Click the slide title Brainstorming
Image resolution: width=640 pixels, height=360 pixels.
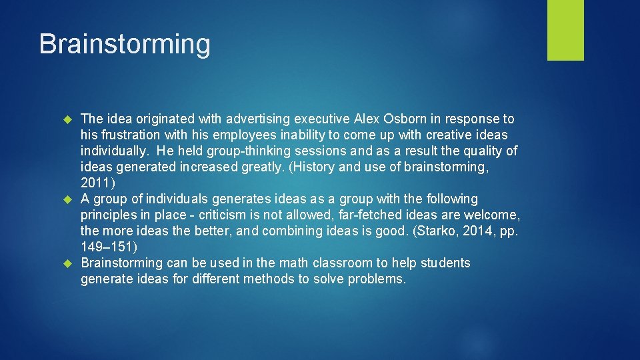tap(125, 45)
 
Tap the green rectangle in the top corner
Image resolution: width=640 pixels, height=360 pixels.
tap(565, 30)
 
